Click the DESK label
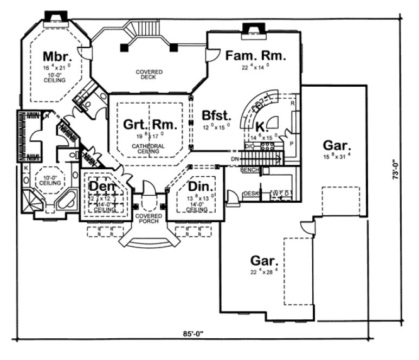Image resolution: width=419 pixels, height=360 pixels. coord(250,194)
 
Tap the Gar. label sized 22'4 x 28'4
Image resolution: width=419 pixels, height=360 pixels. coord(264,260)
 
